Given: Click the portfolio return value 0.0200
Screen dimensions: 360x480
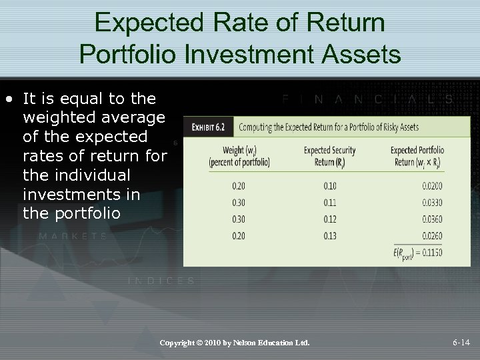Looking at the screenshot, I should coord(432,185).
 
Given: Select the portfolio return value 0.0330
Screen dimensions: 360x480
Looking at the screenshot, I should coord(432,202).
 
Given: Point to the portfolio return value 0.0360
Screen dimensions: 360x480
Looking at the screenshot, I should coord(432,218).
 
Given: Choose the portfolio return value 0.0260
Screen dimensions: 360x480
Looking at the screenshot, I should coord(432,235).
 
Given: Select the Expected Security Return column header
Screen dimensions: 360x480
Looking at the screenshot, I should coord(329,156).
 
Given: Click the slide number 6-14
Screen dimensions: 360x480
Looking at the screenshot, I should coord(461,343).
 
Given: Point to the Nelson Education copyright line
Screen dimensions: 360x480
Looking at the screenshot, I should coord(235,343).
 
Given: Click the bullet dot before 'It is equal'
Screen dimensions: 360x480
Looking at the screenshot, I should coord(9,99).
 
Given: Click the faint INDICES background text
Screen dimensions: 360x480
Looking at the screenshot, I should coord(161,281).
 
